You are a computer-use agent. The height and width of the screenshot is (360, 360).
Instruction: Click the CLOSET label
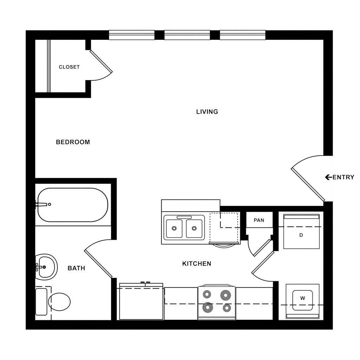(69, 67)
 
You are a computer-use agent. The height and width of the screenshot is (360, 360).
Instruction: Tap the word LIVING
(207, 112)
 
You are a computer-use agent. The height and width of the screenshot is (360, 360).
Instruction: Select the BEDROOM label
(73, 142)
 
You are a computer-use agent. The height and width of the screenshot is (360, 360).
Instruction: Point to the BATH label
(76, 268)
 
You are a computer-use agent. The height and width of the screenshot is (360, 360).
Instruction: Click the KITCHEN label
(197, 263)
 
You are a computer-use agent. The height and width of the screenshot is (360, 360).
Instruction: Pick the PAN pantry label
(259, 220)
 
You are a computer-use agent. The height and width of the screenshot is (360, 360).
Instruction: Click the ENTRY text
(343, 177)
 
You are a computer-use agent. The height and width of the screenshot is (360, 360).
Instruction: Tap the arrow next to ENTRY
(328, 177)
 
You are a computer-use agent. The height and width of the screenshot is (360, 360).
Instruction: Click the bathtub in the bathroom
(73, 205)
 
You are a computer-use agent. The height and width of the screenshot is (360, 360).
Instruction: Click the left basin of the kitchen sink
(174, 229)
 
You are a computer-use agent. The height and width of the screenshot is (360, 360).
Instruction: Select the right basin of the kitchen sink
(194, 229)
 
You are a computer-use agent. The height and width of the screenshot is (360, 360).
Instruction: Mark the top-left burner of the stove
(207, 294)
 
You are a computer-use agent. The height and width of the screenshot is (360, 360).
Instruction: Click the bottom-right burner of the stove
(226, 308)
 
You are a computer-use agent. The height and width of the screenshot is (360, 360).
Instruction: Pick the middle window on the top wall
(187, 35)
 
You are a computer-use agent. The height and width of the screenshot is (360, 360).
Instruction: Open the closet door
(101, 62)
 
